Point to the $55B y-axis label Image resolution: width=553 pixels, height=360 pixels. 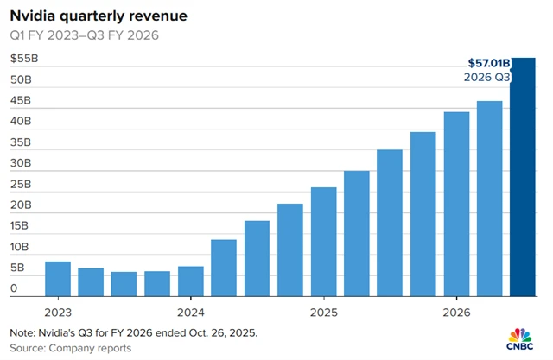[23, 59]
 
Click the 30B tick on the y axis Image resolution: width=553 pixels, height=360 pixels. [21, 164]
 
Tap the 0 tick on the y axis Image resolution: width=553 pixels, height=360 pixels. [14, 289]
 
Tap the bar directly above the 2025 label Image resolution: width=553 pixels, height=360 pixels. [323, 241]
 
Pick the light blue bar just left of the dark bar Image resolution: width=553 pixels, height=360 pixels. [490, 199]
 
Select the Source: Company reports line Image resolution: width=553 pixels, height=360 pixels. [71, 348]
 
